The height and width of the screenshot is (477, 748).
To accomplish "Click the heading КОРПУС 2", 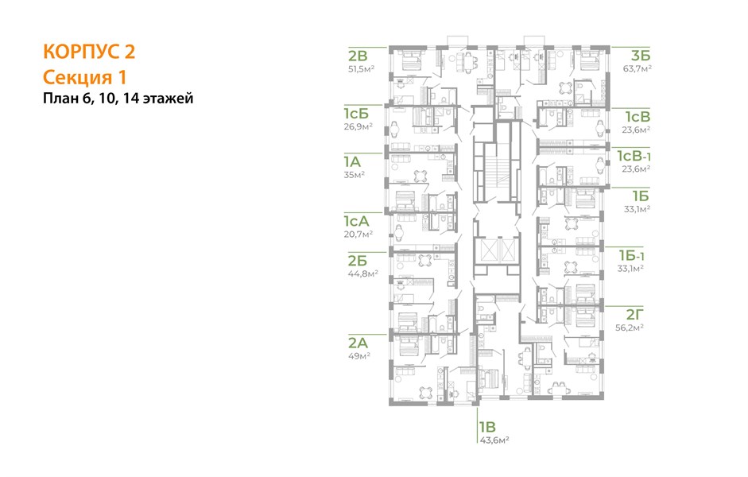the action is tap(89, 52).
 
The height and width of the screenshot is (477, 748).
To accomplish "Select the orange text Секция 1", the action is tap(85, 77).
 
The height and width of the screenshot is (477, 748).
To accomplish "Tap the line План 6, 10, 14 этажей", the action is tap(118, 99).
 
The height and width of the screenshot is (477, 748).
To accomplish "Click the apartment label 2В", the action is tap(358, 56).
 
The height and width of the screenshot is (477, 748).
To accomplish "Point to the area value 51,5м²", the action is tap(361, 68).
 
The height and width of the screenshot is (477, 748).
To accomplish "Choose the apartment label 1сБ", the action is tap(356, 114).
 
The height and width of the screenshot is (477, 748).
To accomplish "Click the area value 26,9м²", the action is tap(358, 127).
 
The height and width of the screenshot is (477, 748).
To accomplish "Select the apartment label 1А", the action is tap(352, 161).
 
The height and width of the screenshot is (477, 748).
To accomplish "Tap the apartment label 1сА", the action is tap(356, 221).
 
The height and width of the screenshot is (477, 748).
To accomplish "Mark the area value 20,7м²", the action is tap(358, 235).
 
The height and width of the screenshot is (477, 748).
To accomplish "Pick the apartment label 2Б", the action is tap(357, 261).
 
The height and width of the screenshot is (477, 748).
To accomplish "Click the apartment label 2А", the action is tap(358, 343).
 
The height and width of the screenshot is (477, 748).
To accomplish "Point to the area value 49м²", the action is tap(359, 356).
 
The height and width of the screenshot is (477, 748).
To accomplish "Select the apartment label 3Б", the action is tap(641, 56).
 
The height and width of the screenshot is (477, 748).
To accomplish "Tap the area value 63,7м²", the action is tap(638, 68).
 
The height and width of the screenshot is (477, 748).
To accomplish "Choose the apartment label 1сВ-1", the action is tap(634, 156).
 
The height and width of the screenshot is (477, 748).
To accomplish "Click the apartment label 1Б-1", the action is tap(633, 256).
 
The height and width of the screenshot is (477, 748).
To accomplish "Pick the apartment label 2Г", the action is tap(635, 314).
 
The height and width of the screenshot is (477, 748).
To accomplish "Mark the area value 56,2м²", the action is tap(630, 328).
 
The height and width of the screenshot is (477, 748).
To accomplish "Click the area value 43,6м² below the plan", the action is tap(494, 440).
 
